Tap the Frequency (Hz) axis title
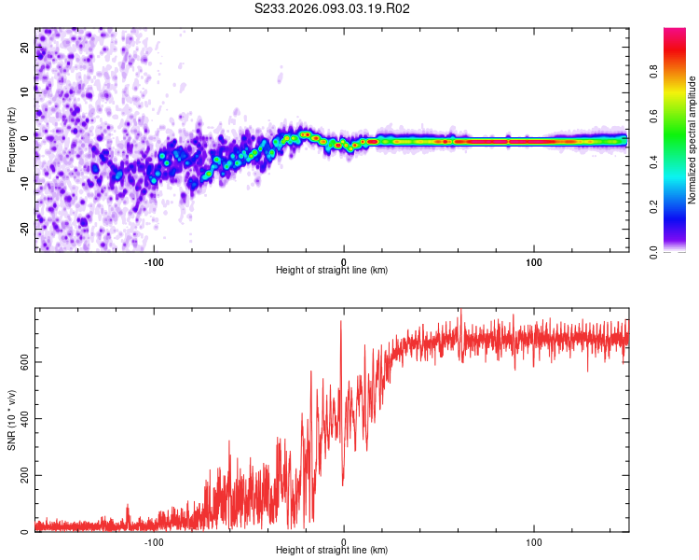(12, 140)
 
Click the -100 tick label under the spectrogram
(154, 261)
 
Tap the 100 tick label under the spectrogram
(534, 261)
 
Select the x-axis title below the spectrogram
(332, 271)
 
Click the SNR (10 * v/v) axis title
(12, 420)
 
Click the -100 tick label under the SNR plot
(154, 542)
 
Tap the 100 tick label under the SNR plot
(534, 542)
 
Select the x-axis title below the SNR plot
(332, 552)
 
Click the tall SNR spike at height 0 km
(341, 323)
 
